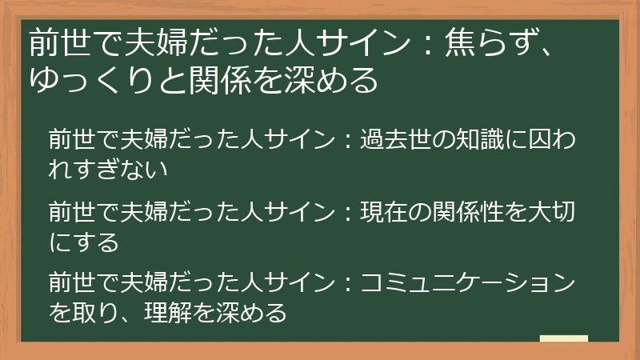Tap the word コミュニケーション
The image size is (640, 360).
pos(468,282)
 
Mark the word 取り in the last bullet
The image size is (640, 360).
pos(95,311)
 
